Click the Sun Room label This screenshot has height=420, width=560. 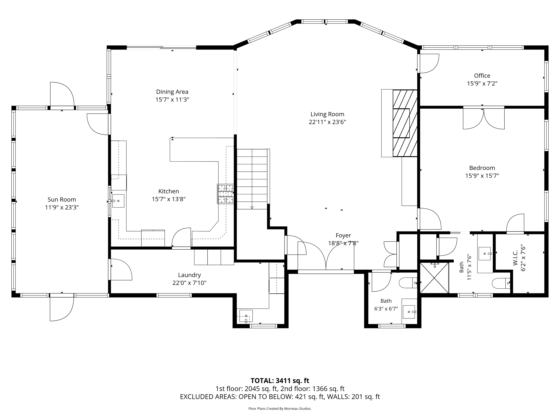[x=62, y=200]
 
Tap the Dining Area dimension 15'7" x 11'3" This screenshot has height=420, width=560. [x=172, y=99]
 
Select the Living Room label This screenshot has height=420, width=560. [x=327, y=114]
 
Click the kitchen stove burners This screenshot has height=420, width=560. [x=225, y=194]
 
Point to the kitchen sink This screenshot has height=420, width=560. [x=118, y=201]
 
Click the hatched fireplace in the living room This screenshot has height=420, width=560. [x=405, y=123]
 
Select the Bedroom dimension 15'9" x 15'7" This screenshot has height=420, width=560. [x=482, y=176]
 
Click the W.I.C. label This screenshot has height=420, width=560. [x=515, y=258]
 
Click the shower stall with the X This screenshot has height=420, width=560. [x=434, y=278]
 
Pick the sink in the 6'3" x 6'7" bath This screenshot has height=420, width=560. [x=409, y=312]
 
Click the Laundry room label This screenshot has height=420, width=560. [x=189, y=275]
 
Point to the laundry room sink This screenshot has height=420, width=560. [x=246, y=316]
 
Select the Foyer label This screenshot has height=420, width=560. [x=343, y=235]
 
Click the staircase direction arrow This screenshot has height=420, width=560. [x=252, y=208]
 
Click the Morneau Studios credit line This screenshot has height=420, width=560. [x=280, y=408]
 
